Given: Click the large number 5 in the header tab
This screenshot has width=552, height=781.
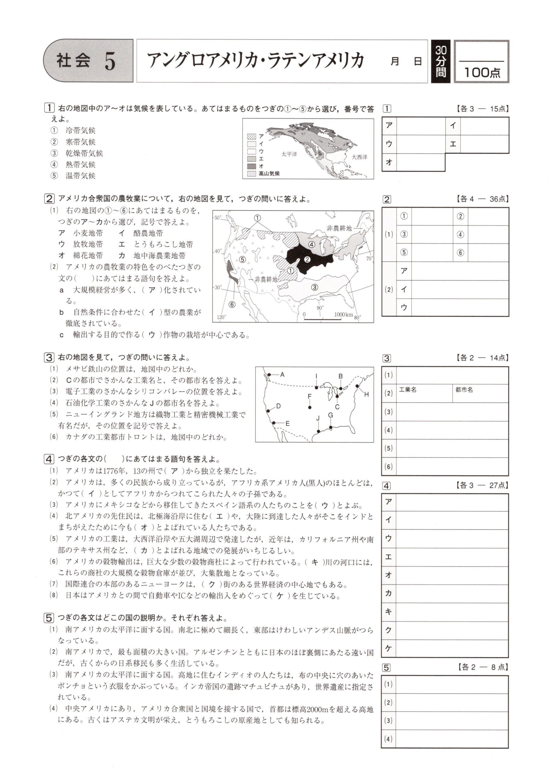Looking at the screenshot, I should [110, 62].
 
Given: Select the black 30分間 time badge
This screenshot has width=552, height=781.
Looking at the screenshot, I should [441, 62].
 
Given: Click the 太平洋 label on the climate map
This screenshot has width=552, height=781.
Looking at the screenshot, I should [289, 154].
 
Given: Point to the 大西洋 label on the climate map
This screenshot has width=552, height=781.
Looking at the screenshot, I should [359, 157].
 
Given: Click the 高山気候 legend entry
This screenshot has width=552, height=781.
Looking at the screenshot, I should [269, 174].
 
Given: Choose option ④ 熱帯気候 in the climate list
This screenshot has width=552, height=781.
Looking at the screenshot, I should [80, 165].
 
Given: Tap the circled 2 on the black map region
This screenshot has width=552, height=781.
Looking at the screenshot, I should [307, 260].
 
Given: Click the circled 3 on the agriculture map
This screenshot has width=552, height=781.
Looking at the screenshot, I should [315, 287].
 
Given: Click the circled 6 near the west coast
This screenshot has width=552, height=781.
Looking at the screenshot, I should [232, 304].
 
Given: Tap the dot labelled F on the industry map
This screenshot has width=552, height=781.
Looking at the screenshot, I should [310, 407].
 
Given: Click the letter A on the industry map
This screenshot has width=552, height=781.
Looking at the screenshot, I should [282, 375].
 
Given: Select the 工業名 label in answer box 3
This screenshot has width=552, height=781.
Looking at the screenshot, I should [407, 390].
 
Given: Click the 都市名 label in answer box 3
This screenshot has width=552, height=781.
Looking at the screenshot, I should [464, 390].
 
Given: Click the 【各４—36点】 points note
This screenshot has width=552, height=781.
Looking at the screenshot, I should [481, 199].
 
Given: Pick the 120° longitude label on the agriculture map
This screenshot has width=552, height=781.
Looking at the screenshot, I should [221, 317].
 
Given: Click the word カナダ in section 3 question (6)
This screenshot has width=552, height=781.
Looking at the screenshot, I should [77, 437].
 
